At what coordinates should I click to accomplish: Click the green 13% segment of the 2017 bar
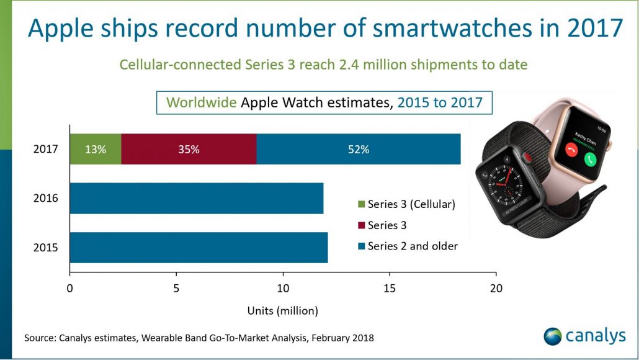tap(95, 149)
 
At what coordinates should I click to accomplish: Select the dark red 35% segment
tap(189, 149)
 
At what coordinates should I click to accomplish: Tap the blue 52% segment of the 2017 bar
tap(358, 149)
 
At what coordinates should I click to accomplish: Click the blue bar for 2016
tap(196, 199)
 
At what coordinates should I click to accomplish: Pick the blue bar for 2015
tap(199, 248)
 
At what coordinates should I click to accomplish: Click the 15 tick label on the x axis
tap(389, 288)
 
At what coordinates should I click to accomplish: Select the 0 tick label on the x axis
tap(70, 288)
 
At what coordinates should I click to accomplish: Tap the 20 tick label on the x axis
tap(496, 288)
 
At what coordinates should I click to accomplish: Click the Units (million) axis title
tap(282, 310)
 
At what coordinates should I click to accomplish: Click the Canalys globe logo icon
tap(552, 336)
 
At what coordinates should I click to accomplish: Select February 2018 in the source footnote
tap(343, 338)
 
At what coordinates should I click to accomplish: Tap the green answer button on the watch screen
tap(590, 158)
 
